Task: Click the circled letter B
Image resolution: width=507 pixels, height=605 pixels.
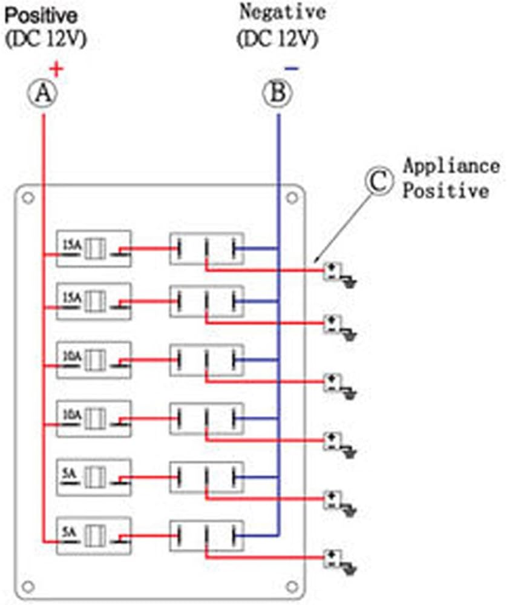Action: tap(278, 94)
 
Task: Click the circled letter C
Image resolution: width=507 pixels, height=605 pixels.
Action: tap(381, 181)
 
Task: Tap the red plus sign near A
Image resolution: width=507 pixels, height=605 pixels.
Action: tap(56, 68)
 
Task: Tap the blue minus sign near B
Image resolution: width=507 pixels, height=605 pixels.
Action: tap(292, 69)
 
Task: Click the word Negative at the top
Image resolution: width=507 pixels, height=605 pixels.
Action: tap(282, 12)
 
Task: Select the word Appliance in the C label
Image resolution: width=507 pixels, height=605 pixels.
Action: tap(451, 165)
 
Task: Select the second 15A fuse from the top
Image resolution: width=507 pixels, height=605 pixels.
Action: tap(94, 301)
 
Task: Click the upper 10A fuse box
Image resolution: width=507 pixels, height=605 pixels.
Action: tap(94, 360)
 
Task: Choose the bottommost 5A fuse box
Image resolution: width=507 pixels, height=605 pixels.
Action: tap(94, 535)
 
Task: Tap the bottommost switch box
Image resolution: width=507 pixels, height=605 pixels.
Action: tap(206, 535)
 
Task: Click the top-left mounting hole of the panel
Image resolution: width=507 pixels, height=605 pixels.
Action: tap(27, 198)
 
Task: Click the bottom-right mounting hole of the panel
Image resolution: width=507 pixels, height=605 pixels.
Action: tap(292, 586)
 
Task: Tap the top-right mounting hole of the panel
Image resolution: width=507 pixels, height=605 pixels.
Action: tap(292, 198)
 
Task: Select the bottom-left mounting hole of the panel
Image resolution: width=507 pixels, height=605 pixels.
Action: tap(27, 586)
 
